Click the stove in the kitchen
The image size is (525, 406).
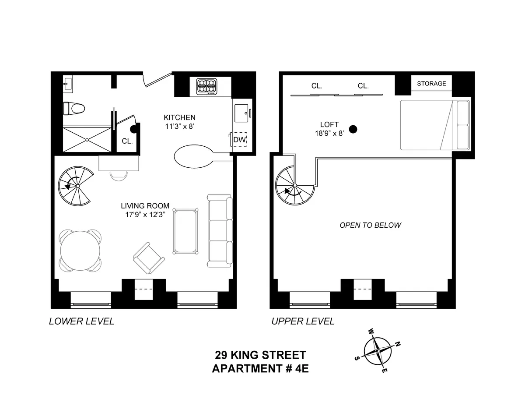pyautogui.click(x=206, y=86)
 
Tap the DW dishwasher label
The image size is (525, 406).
pyautogui.click(x=239, y=140)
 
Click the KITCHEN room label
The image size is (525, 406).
pyautogui.click(x=179, y=117)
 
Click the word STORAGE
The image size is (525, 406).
pyautogui.click(x=431, y=83)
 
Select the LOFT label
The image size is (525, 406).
pyautogui.click(x=329, y=125)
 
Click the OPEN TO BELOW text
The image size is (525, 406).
pyautogui.click(x=370, y=225)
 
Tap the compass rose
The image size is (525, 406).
pyautogui.click(x=378, y=351)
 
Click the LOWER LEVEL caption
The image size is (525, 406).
pyautogui.click(x=81, y=321)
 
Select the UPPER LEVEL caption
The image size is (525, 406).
pyautogui.click(x=303, y=321)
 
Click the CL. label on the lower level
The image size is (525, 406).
pyautogui.click(x=127, y=141)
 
